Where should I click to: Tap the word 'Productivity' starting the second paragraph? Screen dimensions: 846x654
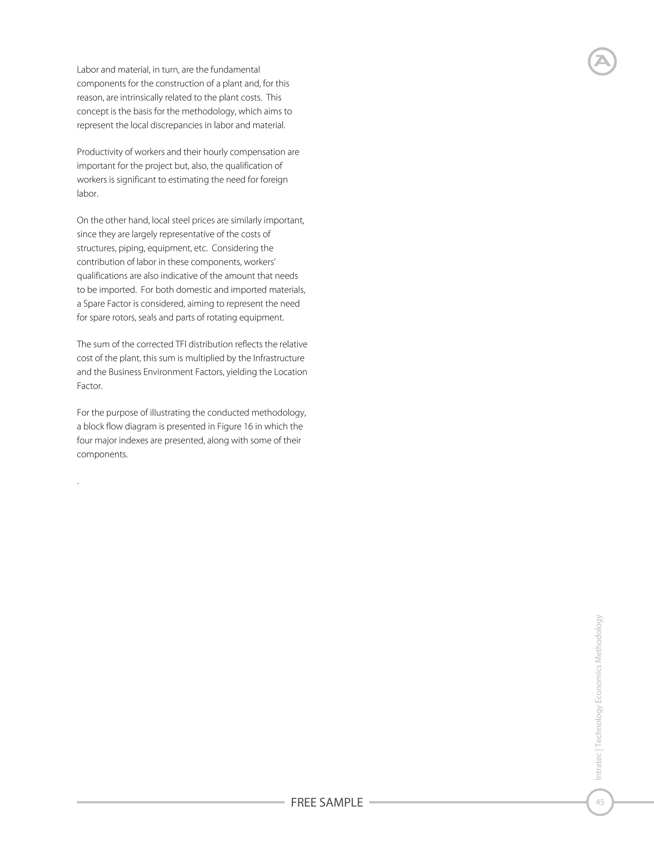pos(100,152)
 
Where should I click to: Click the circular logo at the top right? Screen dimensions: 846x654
pos(602,61)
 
